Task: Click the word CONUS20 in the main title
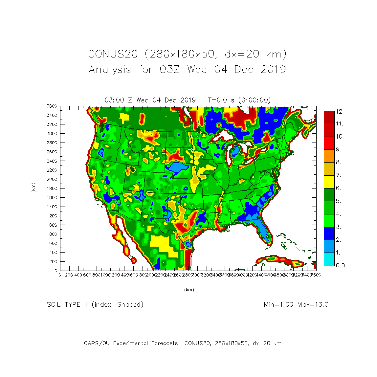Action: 113,54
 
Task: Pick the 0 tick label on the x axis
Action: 60,275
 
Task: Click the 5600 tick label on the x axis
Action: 316,275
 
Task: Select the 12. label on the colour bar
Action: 340,112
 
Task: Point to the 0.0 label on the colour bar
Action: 340,265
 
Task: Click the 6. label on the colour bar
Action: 338,188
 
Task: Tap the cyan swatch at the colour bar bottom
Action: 329,259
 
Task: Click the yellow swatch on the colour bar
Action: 329,182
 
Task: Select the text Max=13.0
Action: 313,305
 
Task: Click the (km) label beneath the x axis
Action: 189,290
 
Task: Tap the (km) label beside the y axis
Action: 33,188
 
